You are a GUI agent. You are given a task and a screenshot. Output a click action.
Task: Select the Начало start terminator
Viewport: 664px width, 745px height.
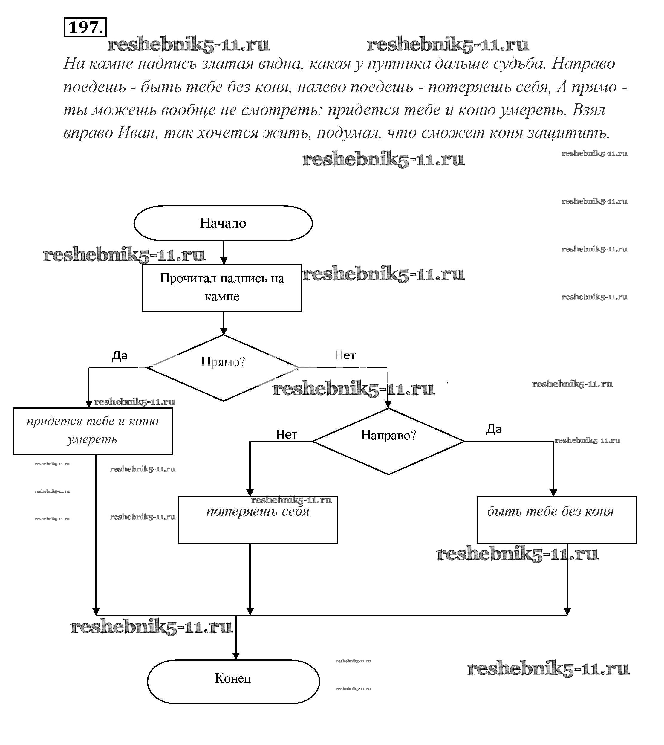click(x=223, y=223)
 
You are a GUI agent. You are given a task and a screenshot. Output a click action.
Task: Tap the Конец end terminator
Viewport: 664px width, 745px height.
click(x=233, y=679)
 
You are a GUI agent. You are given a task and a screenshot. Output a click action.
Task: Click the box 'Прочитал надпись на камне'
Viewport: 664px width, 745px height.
click(x=221, y=288)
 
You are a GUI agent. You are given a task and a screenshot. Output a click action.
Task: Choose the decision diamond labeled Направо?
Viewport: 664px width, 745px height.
click(x=388, y=441)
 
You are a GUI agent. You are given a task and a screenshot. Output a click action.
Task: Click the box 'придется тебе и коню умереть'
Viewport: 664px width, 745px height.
click(x=93, y=431)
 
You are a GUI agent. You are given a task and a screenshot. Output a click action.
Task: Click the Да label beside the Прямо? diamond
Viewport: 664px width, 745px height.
click(x=119, y=355)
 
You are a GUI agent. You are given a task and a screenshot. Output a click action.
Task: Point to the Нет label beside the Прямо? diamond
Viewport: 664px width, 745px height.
click(x=345, y=355)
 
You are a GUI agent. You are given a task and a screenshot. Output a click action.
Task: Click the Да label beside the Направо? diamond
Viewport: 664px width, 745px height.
click(x=494, y=429)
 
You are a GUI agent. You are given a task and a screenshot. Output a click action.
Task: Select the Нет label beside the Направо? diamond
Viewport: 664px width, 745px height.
click(x=287, y=434)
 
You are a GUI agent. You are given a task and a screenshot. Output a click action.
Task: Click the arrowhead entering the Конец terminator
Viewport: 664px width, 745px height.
click(x=236, y=656)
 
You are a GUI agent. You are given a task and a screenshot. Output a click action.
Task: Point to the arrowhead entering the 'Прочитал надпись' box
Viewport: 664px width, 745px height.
click(x=224, y=261)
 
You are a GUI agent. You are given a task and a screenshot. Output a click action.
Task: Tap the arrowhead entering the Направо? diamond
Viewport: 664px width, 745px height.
click(x=388, y=404)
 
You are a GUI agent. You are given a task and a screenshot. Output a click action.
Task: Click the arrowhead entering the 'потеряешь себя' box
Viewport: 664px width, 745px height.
click(x=250, y=493)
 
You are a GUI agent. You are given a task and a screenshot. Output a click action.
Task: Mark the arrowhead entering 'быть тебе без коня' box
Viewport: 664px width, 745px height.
click(x=553, y=493)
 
